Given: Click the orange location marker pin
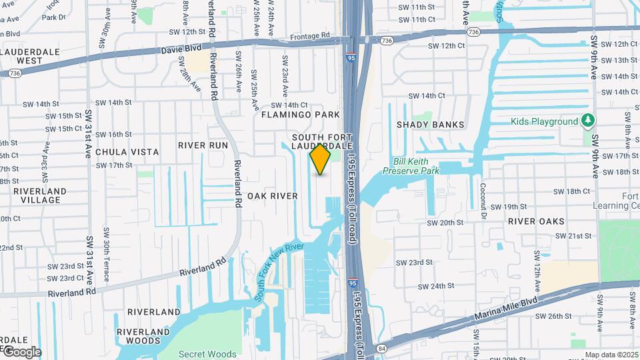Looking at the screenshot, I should tap(321, 159).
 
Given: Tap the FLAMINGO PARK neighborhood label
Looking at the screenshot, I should tap(300, 115).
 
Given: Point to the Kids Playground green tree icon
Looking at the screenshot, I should tap(587, 121).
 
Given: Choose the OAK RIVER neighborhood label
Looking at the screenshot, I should tap(272, 196).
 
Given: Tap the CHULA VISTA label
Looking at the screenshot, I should tap(127, 152).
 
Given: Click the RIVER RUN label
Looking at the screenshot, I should tap(203, 145).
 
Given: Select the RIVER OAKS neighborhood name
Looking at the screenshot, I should tap(536, 221).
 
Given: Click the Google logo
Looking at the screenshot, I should tap(21, 351).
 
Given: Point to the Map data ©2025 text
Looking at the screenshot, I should tap(611, 355).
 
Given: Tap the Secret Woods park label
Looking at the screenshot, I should tap(206, 354).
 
